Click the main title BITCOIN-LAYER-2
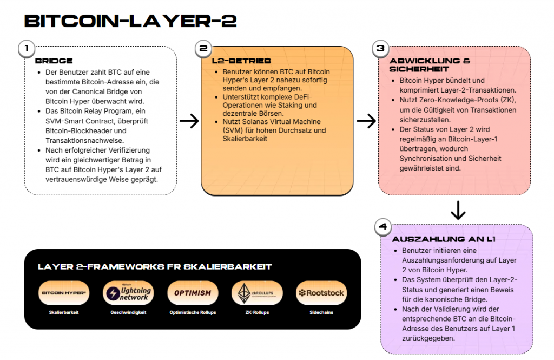pos(130,21)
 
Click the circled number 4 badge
pos(383,227)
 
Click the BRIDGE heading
pos(54,61)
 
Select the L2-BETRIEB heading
pos(241,61)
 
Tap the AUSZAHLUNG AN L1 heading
pos(444,239)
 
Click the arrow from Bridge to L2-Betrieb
pos(189,121)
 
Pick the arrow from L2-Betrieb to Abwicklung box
pos(366,121)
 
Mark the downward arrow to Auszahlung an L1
pos(458,210)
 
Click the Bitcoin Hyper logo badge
pos(65,293)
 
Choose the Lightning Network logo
pos(128,293)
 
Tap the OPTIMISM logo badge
pos(193,293)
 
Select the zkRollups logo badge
pos(257,293)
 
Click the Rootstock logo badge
pos(321,293)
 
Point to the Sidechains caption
pos(321,312)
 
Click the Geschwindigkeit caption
pos(128,312)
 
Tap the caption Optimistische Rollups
pos(193,312)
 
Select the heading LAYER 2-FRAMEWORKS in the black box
pos(155,267)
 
